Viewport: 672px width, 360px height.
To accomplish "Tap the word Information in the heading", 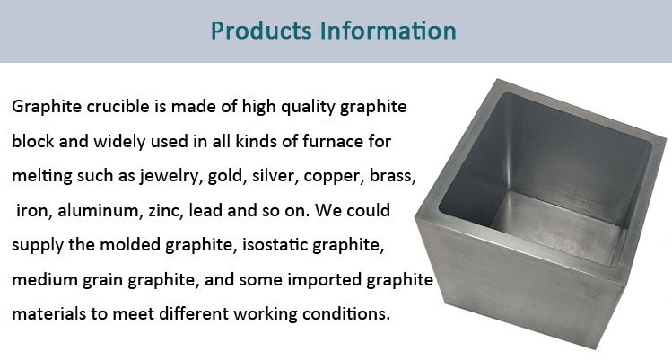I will (x=391, y=31).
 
